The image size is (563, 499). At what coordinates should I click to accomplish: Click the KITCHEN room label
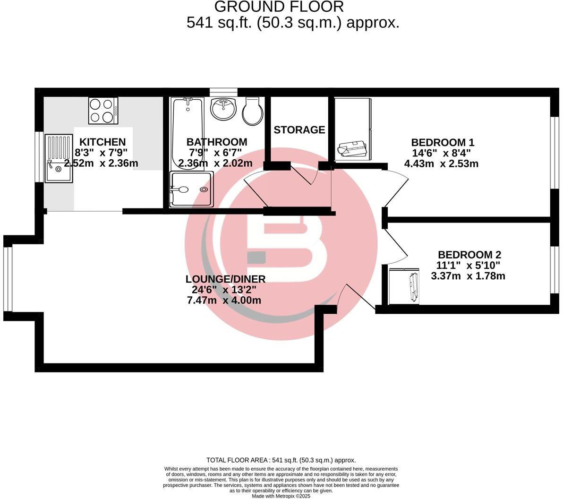click(x=102, y=142)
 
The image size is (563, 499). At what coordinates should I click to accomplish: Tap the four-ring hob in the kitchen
click(x=103, y=111)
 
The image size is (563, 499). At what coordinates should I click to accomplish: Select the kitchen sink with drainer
click(x=59, y=159)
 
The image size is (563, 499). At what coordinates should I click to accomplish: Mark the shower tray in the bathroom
click(x=191, y=189)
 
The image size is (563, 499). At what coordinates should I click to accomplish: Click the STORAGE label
click(x=299, y=130)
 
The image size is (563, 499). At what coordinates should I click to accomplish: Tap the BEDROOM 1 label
click(x=442, y=142)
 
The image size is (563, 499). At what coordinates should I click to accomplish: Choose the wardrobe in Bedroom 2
click(x=404, y=285)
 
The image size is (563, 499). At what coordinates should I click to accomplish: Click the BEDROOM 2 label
click(x=469, y=254)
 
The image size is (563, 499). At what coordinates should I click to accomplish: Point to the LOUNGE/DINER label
click(x=225, y=279)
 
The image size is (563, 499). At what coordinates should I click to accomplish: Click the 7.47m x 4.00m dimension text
click(x=224, y=301)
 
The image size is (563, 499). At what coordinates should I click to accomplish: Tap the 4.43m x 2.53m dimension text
click(x=441, y=164)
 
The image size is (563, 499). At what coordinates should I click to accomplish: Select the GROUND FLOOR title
click(x=279, y=7)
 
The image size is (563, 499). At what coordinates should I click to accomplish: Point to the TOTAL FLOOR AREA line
click(x=281, y=460)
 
